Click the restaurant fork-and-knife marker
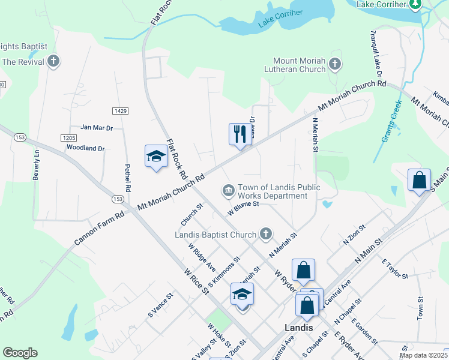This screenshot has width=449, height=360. click(240, 134)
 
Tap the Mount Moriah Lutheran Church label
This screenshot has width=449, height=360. click(299, 65)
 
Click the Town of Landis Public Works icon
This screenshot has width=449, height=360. click(228, 191)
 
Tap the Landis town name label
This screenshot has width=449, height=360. click(298, 328)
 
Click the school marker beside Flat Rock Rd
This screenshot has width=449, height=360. click(156, 157)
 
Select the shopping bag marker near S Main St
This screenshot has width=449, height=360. click(419, 179)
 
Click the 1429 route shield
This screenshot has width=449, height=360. click(120, 112)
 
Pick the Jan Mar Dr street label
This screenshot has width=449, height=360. click(97, 128)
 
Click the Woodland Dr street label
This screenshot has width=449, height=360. click(85, 148)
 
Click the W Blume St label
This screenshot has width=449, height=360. click(243, 208)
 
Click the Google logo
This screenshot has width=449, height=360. click(20, 353)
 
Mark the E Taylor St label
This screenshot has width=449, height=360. click(394, 269)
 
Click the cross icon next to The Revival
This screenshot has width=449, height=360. click(53, 61)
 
